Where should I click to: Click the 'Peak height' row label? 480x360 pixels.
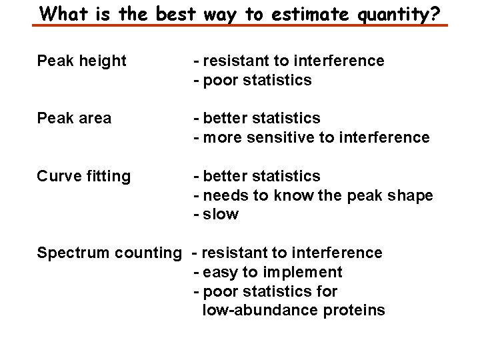[x=81, y=61]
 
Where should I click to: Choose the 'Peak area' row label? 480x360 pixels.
[x=75, y=119]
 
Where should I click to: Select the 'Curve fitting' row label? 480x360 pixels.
[x=84, y=177]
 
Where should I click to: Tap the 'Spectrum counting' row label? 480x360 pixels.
[x=109, y=253]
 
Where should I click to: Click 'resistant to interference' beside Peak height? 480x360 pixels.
[x=293, y=61]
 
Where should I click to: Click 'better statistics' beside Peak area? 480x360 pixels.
[x=261, y=119]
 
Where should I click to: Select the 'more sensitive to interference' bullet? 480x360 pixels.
[x=315, y=138]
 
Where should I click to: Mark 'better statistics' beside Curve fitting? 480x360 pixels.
[x=261, y=177]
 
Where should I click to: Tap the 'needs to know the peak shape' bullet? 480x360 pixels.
[x=317, y=196]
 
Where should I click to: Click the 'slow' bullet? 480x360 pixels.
[x=220, y=215]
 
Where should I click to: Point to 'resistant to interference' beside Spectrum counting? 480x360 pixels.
[x=291, y=253]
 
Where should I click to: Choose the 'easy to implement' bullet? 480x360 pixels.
[x=271, y=273]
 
